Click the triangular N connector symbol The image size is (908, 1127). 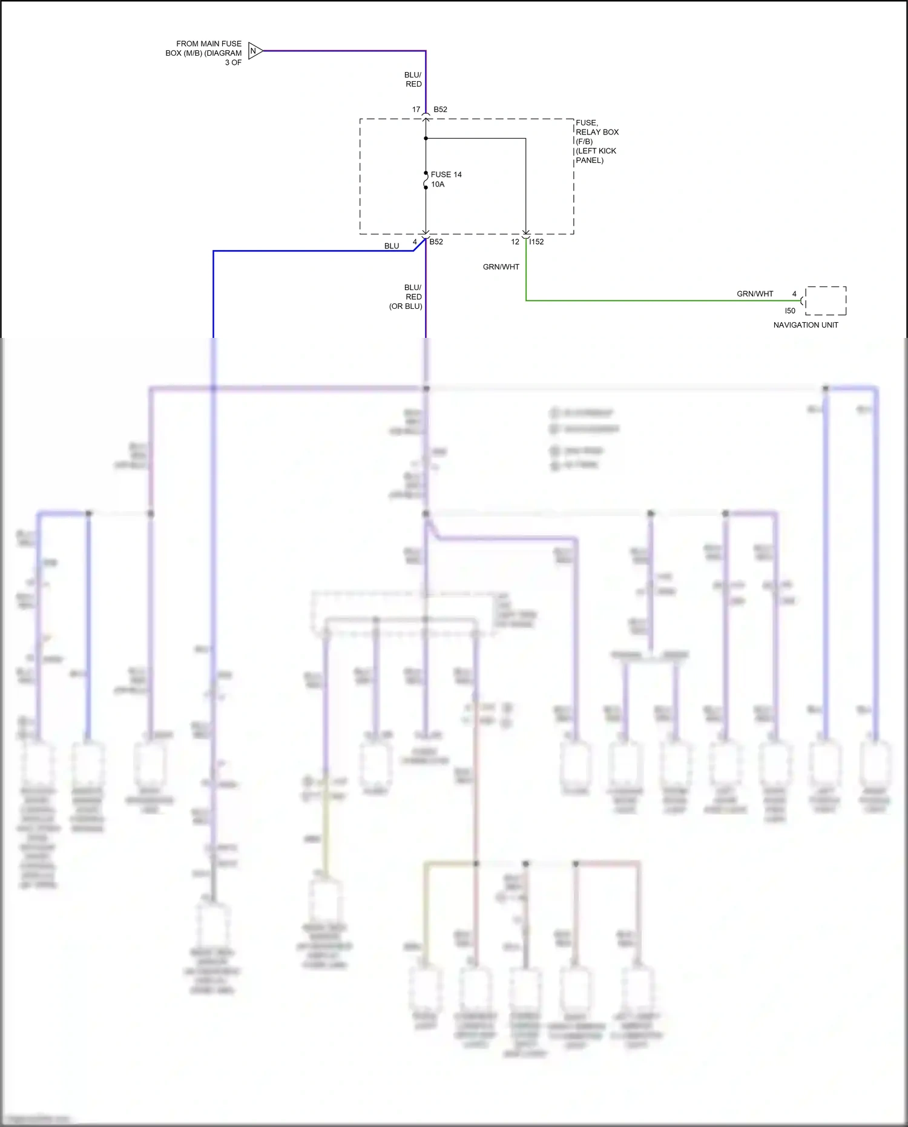[254, 51]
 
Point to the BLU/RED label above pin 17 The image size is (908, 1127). [413, 79]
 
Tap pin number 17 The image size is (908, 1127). [416, 110]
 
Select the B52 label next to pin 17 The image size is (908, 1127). [440, 110]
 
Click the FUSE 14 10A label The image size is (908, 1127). [446, 179]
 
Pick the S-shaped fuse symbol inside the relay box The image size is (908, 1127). [426, 180]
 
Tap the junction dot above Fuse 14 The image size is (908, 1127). [426, 139]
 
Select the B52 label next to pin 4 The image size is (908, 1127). [436, 242]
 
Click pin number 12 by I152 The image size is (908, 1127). [515, 242]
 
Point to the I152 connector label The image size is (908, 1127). [536, 242]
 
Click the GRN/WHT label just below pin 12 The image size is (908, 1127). [501, 266]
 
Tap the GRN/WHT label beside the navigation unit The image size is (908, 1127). [755, 294]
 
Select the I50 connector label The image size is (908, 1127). [790, 311]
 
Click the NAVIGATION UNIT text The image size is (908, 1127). [806, 325]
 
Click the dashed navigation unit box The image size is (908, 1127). [826, 301]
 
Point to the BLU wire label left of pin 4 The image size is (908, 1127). [392, 246]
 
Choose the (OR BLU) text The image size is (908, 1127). [406, 306]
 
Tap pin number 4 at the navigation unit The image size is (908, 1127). [794, 294]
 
